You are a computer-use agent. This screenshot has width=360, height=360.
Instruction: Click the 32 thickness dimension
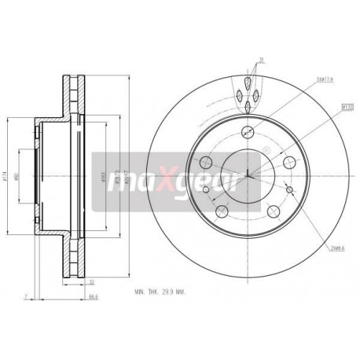92,281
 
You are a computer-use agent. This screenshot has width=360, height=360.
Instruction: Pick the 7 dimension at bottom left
26,297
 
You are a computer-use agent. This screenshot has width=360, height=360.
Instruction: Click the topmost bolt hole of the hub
248,131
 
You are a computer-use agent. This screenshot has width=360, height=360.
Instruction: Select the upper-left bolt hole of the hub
207,162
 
